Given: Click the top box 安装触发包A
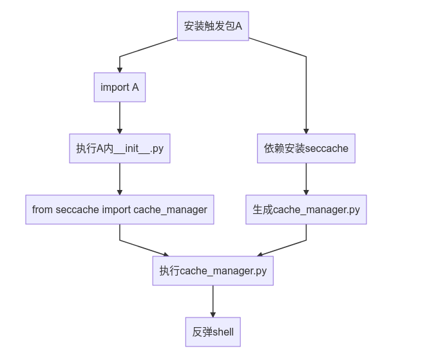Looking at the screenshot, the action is coord(213,26).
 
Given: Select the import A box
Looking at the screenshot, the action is coord(120,88).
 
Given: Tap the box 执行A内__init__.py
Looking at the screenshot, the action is coord(120,148).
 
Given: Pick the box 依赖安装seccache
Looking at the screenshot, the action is coord(306,148).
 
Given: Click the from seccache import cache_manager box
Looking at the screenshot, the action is coord(120,210).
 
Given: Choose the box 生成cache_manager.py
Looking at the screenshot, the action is coord(306,210).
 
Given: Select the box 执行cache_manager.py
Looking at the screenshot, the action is coord(213,270).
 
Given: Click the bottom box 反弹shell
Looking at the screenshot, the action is coord(213,332).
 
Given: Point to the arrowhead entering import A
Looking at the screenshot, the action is coord(120,70).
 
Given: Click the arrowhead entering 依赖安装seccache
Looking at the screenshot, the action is coord(306,131).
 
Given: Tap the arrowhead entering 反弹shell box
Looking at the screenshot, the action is coord(213,314).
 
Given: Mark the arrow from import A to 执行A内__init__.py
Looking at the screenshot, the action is coord(120,118).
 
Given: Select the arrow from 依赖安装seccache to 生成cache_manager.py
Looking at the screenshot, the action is coord(306,179).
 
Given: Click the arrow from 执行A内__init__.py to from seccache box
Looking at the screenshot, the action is coord(120,179).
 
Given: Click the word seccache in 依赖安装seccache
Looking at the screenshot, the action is coord(327,149).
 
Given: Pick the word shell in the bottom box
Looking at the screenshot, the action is coord(223,332).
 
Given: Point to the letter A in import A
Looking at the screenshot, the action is coord(135,88).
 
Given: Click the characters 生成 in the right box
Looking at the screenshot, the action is coord(263,210).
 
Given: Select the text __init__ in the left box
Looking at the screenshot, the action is coord(131,149).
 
